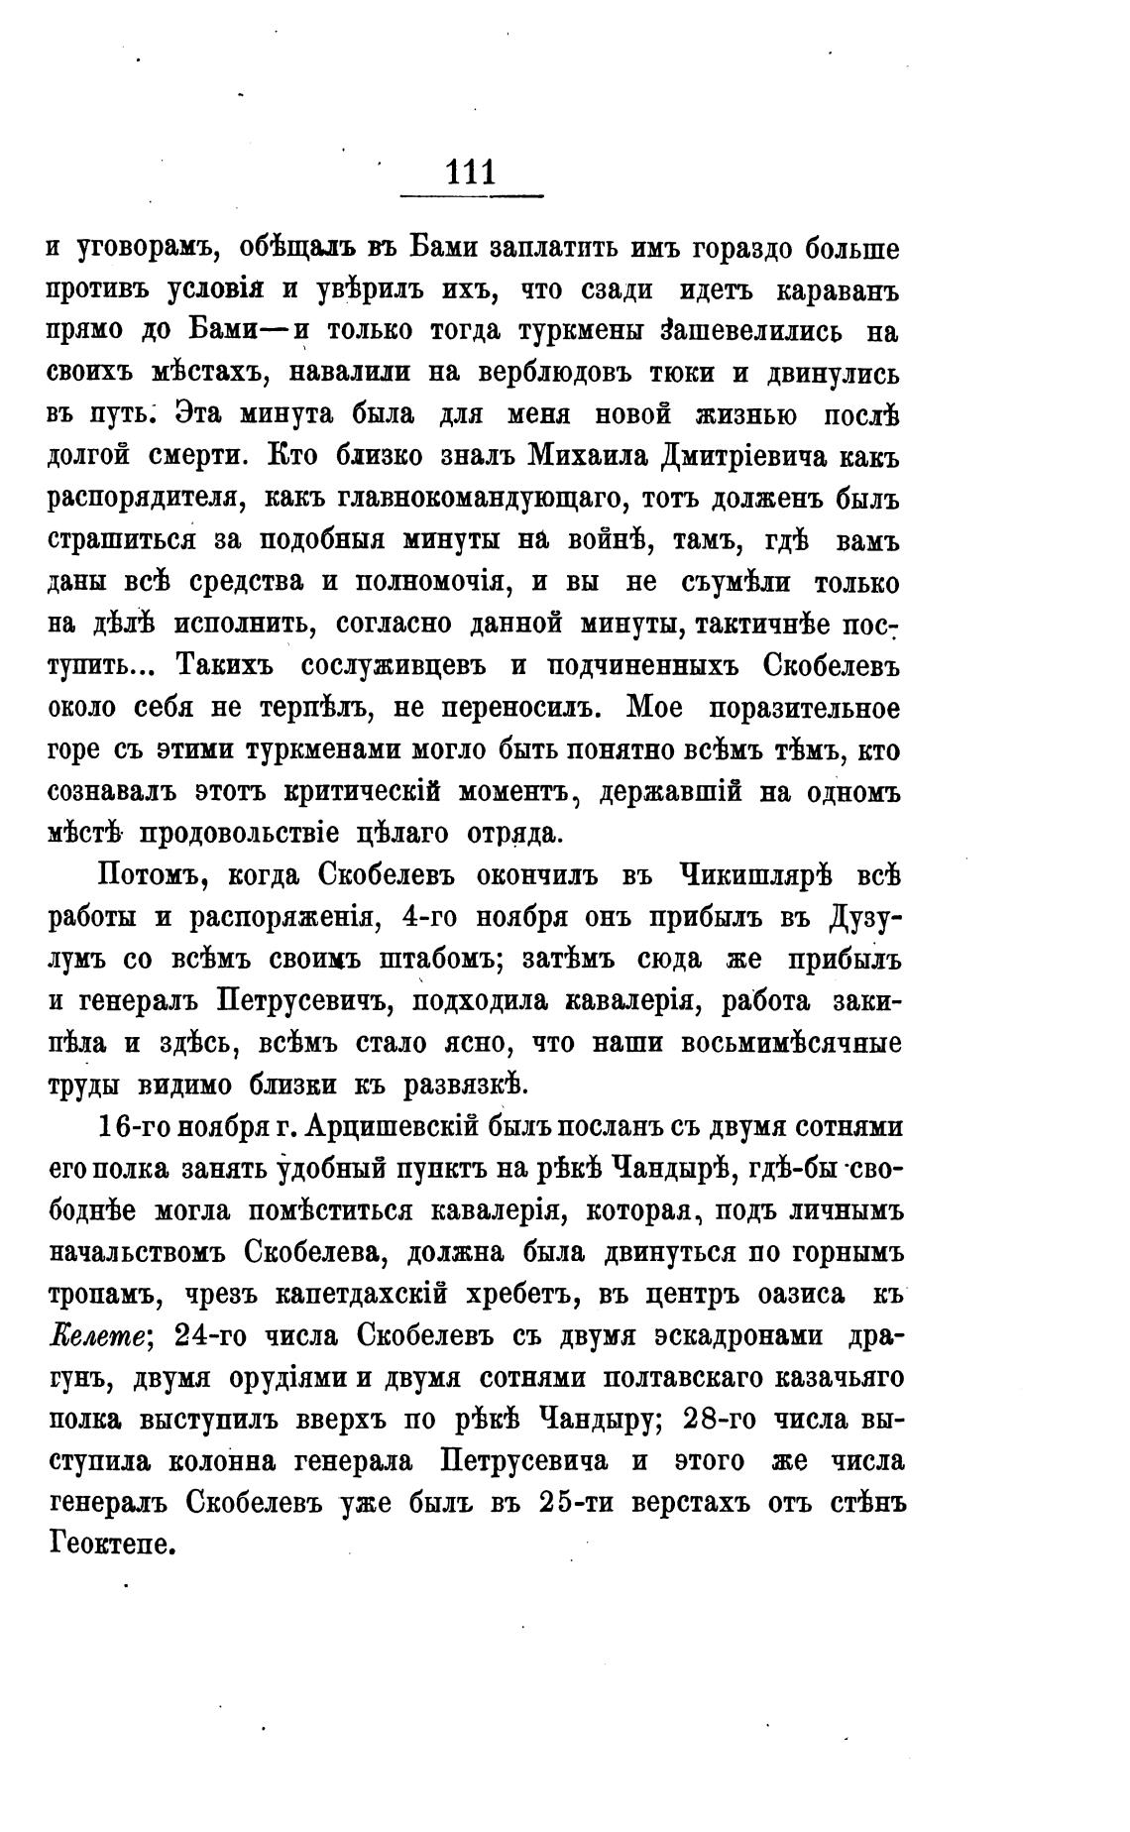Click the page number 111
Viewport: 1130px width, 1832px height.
[471, 172]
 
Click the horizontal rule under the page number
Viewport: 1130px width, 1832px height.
[471, 195]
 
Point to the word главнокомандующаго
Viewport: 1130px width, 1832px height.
[479, 499]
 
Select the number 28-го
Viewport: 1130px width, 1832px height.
[724, 1420]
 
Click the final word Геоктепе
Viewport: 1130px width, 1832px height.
[111, 1545]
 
